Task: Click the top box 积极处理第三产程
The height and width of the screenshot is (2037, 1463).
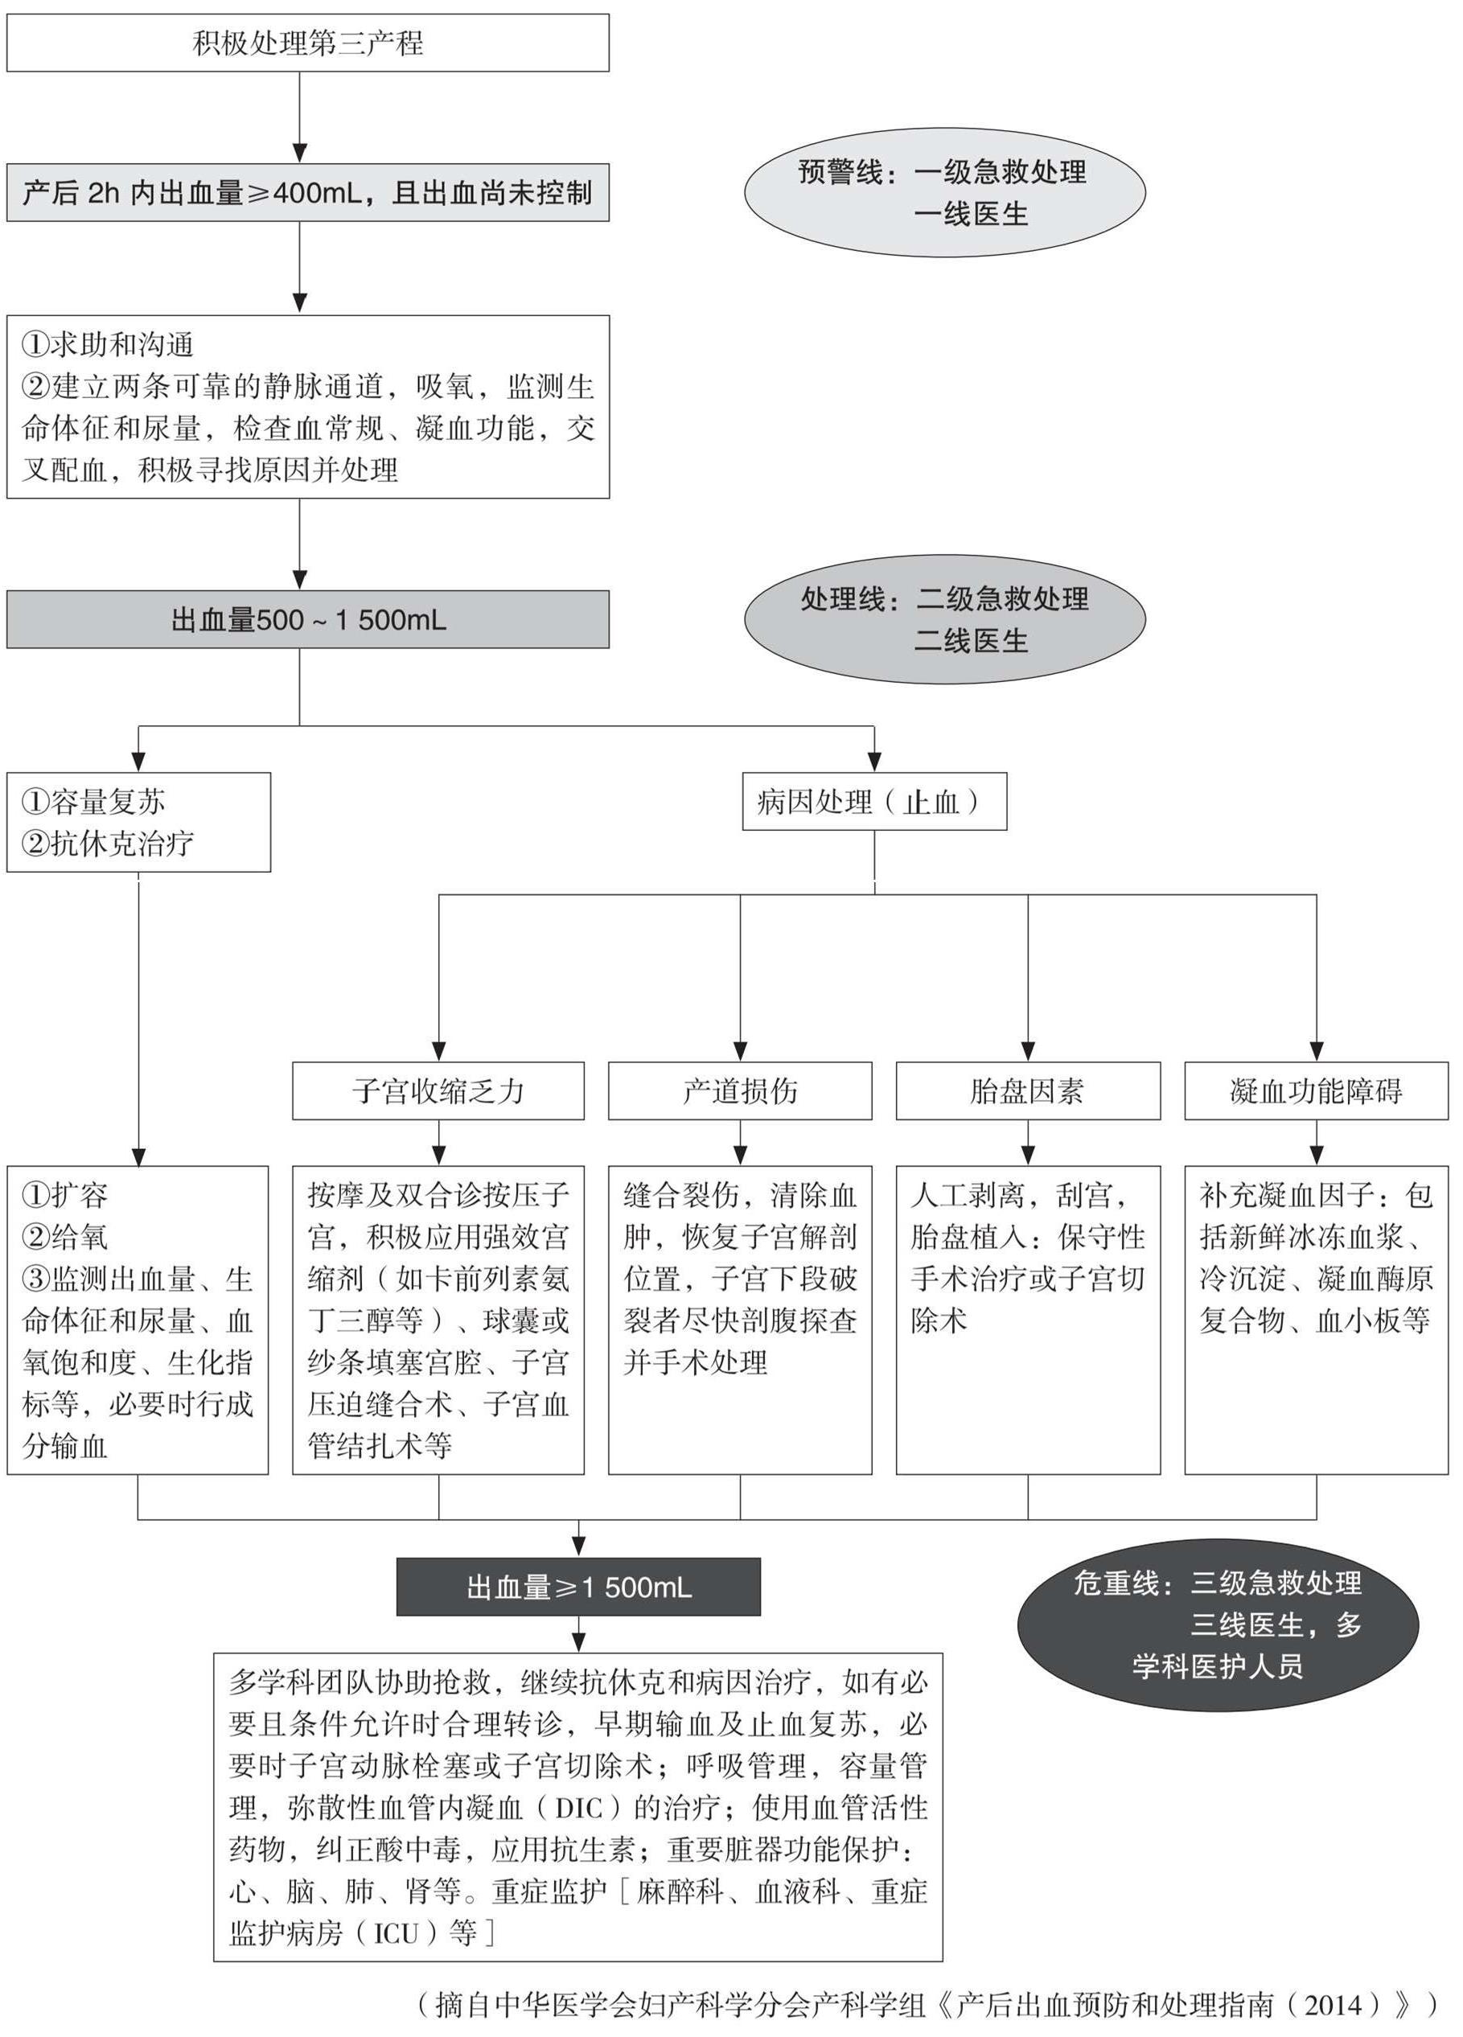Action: (x=307, y=43)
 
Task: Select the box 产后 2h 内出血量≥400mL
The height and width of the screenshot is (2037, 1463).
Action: (x=307, y=192)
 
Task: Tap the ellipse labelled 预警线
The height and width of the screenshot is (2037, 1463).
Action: (x=944, y=192)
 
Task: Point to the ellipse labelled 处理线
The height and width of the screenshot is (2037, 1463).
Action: (x=944, y=619)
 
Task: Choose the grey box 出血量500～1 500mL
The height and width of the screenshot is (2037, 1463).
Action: (x=307, y=620)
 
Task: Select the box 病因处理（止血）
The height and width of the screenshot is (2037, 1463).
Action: (x=873, y=801)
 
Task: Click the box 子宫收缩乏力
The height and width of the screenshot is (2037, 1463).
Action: (x=438, y=1090)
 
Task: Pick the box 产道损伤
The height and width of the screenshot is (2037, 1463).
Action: (x=739, y=1090)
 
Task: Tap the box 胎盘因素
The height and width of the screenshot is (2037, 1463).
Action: (x=1027, y=1090)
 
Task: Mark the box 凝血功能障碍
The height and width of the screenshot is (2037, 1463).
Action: (x=1316, y=1090)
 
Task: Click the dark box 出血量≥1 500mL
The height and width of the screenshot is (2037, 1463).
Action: (x=578, y=1587)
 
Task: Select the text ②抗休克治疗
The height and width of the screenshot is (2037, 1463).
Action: (x=108, y=844)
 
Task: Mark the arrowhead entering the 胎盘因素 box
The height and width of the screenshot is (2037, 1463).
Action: (x=1027, y=1052)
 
